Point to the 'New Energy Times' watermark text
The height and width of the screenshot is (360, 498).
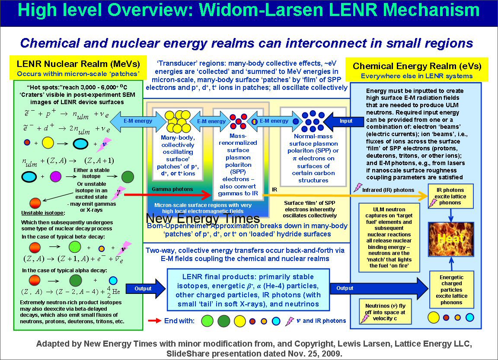tap(203, 218)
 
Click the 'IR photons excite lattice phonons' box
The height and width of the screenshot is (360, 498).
tap(451, 196)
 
